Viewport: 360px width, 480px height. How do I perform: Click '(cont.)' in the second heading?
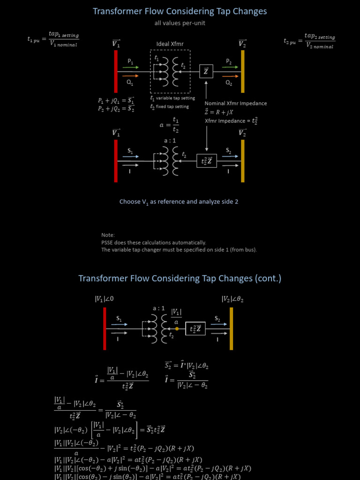(x=268, y=278)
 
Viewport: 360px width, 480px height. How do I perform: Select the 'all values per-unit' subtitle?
(x=180, y=22)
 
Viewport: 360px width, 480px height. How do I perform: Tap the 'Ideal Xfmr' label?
(x=170, y=44)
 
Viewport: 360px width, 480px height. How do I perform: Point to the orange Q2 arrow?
(x=229, y=76)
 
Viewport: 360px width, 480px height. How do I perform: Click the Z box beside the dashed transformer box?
(x=206, y=72)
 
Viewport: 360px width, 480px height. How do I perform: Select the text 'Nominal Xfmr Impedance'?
(x=236, y=103)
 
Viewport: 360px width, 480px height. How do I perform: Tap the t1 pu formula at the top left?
(x=53, y=39)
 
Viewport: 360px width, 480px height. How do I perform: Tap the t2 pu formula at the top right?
(x=309, y=40)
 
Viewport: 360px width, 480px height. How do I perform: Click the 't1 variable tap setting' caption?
(x=170, y=98)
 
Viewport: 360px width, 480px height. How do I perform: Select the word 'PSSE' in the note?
(x=108, y=242)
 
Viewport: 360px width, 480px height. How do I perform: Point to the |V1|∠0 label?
(x=104, y=299)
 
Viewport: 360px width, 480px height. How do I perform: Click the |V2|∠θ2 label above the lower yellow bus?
(x=232, y=299)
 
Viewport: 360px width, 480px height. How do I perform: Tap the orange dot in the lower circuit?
(x=177, y=329)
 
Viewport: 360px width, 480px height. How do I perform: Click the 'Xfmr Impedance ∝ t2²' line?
(x=231, y=121)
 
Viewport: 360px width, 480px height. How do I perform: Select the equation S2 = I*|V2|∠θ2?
(x=187, y=365)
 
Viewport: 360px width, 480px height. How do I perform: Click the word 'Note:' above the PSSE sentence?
(x=108, y=235)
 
